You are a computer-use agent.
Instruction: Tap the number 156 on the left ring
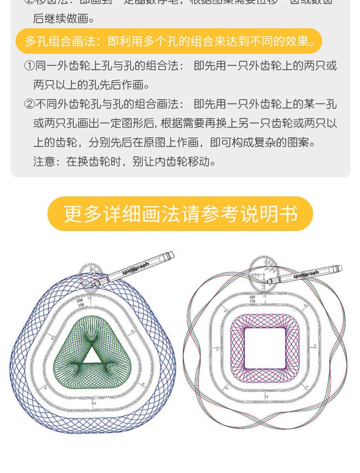click(81, 305)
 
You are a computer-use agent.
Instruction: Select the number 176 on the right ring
click(253, 301)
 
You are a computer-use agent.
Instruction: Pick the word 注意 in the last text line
click(44, 162)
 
